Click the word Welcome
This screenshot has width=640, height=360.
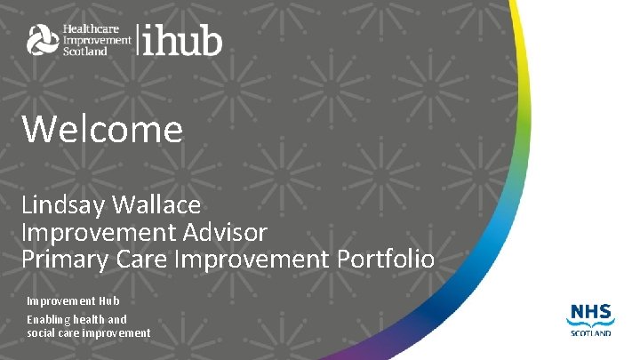pos(102,130)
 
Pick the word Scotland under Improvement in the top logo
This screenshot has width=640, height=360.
pos(84,52)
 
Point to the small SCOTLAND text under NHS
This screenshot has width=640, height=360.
pos(588,332)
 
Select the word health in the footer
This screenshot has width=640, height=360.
pos(92,319)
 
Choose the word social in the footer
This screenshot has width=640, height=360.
pos(41,332)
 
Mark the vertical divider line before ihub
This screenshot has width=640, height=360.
pos(137,40)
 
